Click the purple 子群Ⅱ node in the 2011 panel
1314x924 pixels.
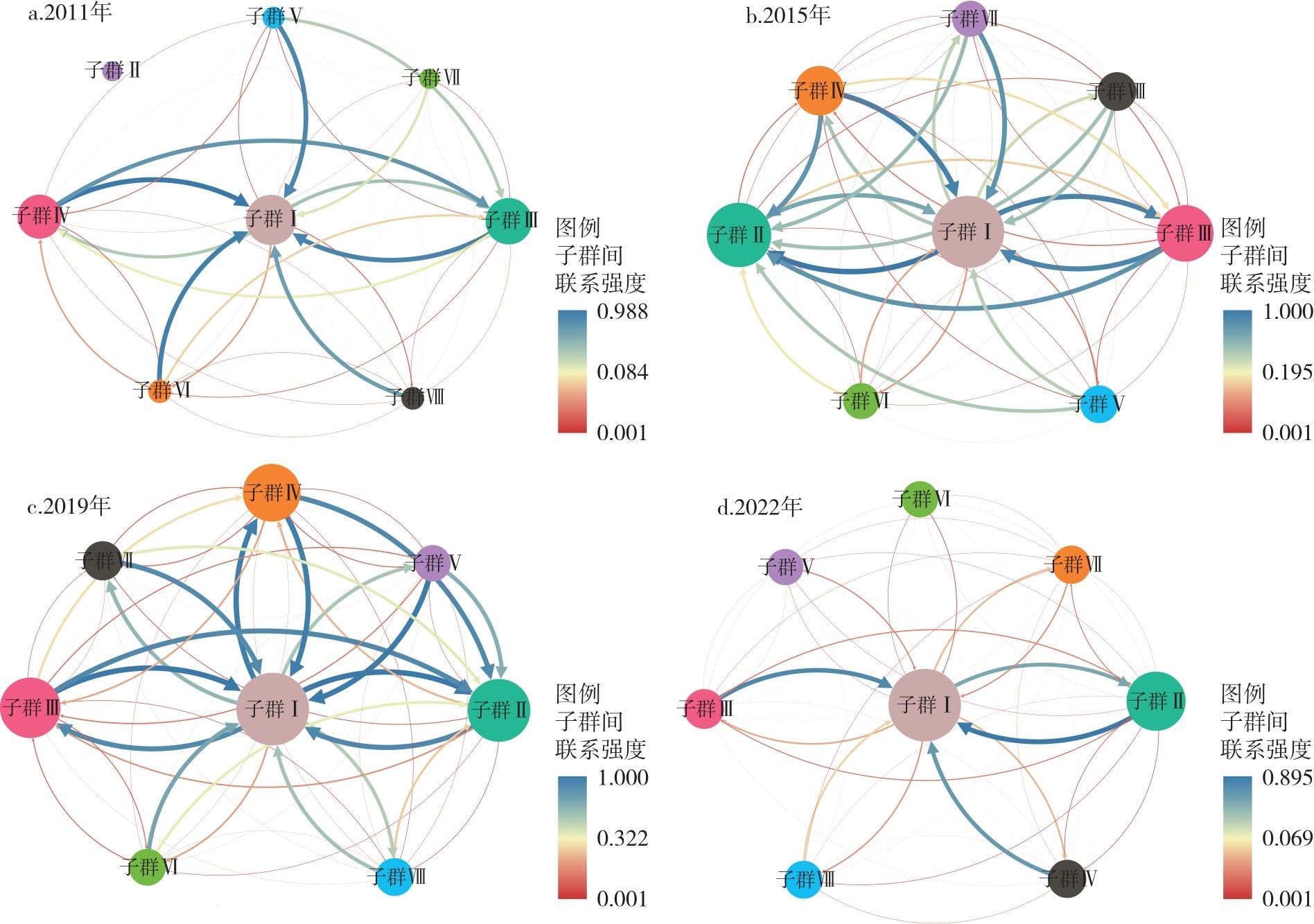click(x=112, y=70)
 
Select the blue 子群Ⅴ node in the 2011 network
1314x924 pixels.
click(x=274, y=16)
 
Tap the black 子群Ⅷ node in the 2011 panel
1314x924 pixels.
click(x=413, y=398)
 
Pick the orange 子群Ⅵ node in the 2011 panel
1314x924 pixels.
click(x=160, y=391)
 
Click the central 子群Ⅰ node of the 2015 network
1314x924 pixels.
click(x=967, y=232)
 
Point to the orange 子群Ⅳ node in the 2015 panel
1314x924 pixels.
click(x=819, y=91)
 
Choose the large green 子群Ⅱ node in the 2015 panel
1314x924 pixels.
click(x=739, y=235)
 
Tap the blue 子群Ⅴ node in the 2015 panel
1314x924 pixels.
click(x=1100, y=404)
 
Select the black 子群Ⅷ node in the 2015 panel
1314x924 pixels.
click(x=1117, y=91)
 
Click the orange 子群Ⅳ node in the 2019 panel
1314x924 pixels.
click(x=272, y=493)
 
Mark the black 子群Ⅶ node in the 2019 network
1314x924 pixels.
click(x=103, y=560)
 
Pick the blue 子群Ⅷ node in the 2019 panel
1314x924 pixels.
click(x=396, y=877)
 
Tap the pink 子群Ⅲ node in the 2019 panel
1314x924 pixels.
click(x=31, y=708)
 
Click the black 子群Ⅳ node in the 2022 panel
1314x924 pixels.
click(x=1067, y=879)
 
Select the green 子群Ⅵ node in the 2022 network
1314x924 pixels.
click(x=920, y=499)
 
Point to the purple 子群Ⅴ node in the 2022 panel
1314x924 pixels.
click(x=785, y=567)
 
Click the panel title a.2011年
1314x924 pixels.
click(x=69, y=12)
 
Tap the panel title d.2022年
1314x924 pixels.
click(x=760, y=507)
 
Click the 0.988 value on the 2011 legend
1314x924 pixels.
click(x=622, y=312)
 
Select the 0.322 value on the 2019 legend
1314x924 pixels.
click(x=622, y=838)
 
